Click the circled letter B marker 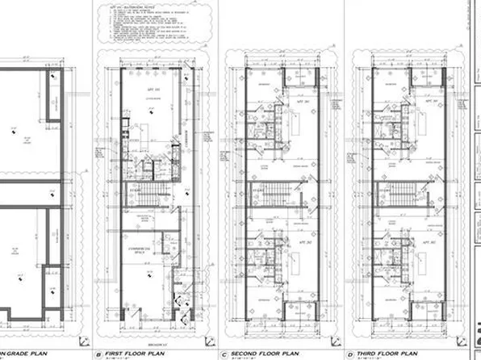(98, 354)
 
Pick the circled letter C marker (223, 354)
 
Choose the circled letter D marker (349, 354)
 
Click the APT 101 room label (150, 90)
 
